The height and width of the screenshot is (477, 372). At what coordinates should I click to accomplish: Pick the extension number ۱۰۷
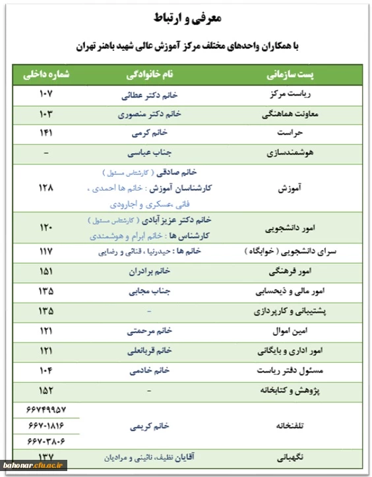tap(46, 94)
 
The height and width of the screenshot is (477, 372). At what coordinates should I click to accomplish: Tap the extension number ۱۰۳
tap(46, 113)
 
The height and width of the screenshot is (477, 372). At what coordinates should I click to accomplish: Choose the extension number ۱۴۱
tap(46, 133)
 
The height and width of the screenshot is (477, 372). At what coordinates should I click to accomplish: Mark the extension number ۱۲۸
tap(46, 188)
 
